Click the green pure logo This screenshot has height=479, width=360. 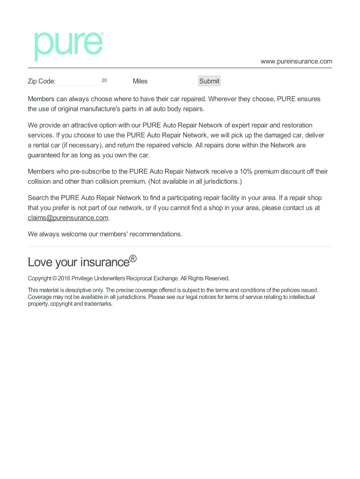click(68, 46)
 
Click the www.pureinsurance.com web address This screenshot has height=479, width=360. click(296, 61)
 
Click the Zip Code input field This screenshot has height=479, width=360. click(78, 81)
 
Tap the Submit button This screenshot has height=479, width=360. click(209, 81)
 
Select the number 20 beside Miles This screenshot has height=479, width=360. click(104, 80)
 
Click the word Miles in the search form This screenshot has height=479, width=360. click(140, 81)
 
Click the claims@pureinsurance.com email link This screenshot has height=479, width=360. click(68, 218)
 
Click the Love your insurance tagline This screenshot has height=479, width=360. click(78, 262)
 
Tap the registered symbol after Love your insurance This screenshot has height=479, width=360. click(133, 259)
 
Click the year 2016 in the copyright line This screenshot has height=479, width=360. click(63, 278)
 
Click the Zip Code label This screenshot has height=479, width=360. click(42, 81)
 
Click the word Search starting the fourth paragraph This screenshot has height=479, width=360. click(38, 198)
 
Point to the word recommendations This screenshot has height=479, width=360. click(155, 234)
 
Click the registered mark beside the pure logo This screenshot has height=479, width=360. click(102, 34)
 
